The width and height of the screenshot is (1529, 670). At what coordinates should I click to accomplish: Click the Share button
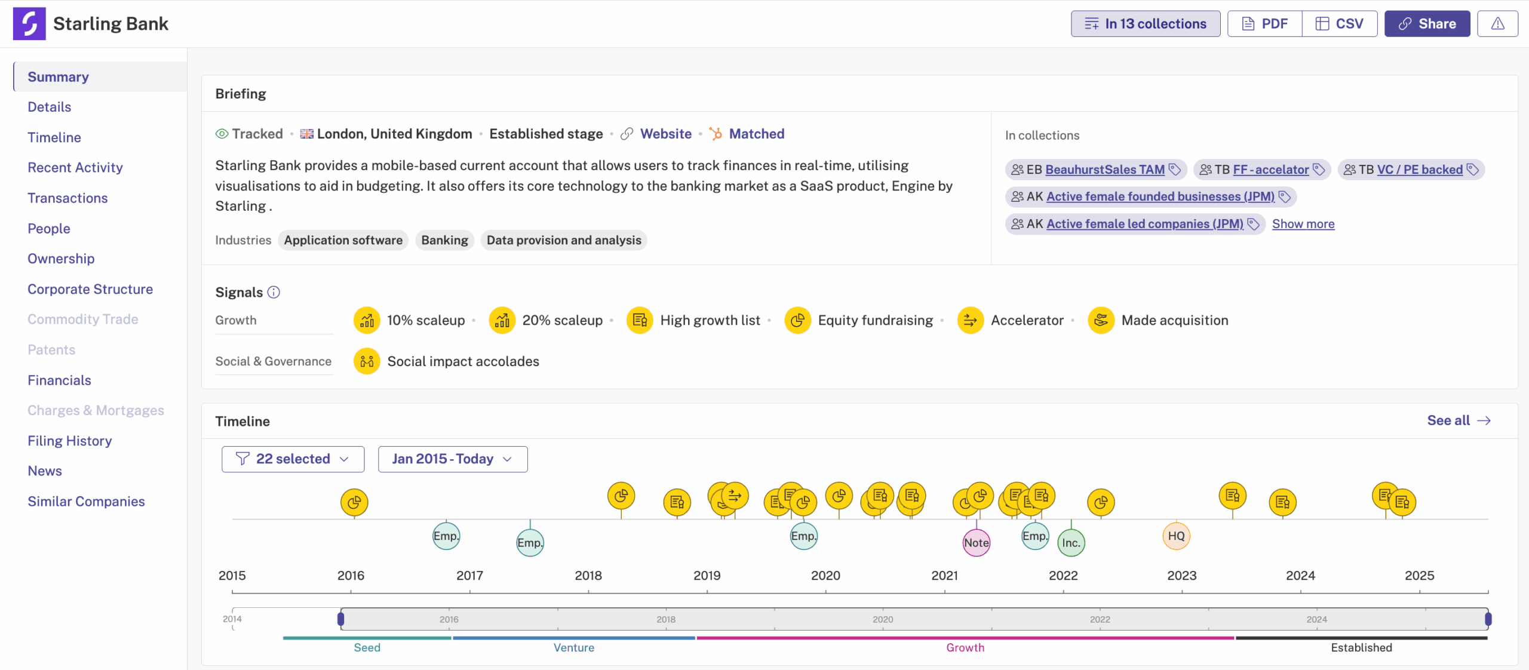point(1427,24)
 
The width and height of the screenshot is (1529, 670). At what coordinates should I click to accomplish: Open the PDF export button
point(1264,24)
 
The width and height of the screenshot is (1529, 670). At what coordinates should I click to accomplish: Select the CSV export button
point(1340,24)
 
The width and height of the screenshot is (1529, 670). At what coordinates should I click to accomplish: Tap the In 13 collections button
point(1146,24)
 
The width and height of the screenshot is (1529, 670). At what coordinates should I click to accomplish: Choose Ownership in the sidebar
point(61,259)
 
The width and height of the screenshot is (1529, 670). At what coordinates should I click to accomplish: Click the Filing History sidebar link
point(70,441)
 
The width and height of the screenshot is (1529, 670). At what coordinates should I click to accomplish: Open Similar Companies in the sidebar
point(86,502)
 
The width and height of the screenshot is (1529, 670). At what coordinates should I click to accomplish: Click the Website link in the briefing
point(665,134)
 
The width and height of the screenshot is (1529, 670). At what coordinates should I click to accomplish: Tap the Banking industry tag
point(444,240)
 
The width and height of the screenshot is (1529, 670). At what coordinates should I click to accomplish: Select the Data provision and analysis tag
point(564,240)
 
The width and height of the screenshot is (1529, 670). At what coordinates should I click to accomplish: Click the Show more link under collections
point(1303,224)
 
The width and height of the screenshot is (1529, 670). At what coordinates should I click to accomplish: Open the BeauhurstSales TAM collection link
point(1105,170)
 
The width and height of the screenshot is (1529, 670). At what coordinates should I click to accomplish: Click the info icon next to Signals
point(274,292)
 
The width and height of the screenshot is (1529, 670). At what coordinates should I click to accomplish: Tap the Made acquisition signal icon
point(1101,321)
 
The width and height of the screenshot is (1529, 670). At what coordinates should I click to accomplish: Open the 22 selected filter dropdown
point(293,459)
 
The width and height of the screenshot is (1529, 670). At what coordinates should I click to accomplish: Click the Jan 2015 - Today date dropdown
point(453,459)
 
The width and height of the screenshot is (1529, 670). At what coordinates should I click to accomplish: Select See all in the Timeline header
point(1459,420)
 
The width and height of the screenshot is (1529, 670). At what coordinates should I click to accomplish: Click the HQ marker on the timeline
point(1176,536)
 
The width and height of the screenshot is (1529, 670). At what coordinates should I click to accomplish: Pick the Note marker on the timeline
point(977,543)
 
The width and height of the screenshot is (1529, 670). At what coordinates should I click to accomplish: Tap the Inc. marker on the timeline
point(1071,543)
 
